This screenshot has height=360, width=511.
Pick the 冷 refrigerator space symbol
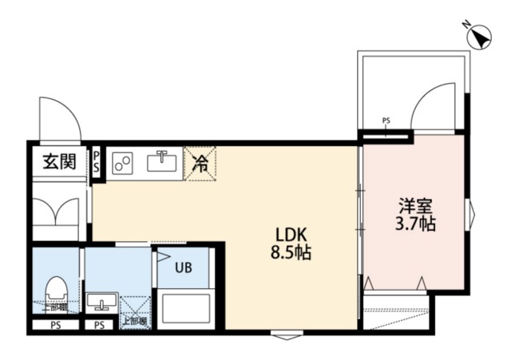tap(200, 164)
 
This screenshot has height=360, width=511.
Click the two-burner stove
tap(125, 164)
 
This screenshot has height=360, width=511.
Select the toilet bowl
tap(57, 289)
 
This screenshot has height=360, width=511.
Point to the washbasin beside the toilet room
tap(101, 302)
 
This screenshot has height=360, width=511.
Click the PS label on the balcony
tap(386, 121)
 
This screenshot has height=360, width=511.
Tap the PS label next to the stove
tap(97, 162)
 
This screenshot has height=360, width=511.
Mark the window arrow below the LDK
tap(286, 335)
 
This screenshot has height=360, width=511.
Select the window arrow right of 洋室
tap(470, 213)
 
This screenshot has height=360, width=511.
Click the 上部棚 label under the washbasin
tap(133, 322)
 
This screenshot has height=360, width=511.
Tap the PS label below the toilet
tap(55, 326)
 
